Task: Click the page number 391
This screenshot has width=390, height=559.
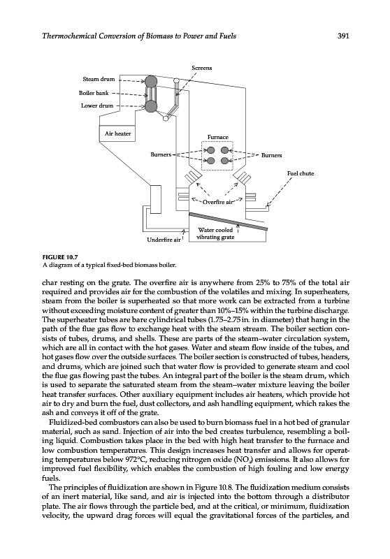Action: click(342, 36)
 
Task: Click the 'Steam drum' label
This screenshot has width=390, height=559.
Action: click(99, 79)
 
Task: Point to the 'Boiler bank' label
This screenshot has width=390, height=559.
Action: click(94, 93)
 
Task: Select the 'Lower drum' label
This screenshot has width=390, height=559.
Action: click(97, 106)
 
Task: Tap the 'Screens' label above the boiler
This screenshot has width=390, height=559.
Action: click(202, 68)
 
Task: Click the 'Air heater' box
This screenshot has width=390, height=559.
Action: click(117, 133)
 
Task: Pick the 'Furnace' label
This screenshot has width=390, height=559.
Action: click(218, 137)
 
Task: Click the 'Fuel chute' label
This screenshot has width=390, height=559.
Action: click(301, 173)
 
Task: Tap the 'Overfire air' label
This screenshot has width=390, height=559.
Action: click(217, 202)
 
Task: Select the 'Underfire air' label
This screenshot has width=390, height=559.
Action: click(164, 240)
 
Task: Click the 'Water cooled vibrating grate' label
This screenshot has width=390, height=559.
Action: click(216, 233)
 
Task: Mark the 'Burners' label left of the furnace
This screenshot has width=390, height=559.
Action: click(161, 154)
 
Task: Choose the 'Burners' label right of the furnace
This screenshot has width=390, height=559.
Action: click(271, 155)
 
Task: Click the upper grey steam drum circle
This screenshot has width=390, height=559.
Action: click(151, 80)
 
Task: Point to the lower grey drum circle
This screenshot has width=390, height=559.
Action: click(151, 106)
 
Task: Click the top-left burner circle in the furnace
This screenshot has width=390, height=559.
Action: click(210, 150)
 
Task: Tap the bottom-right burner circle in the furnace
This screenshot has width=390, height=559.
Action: click(224, 161)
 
